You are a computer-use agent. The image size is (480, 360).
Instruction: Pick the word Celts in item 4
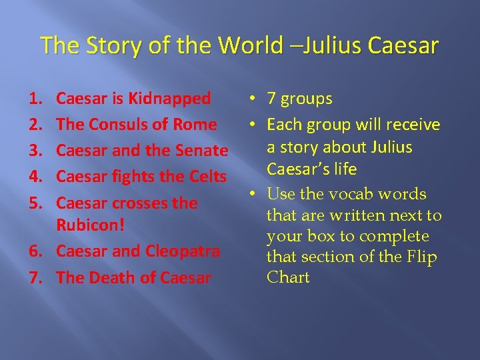[x=206, y=177]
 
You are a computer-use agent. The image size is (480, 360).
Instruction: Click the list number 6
[x=35, y=251]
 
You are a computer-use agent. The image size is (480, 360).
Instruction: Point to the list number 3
[x=35, y=151]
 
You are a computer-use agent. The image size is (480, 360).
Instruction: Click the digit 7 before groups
[x=271, y=99]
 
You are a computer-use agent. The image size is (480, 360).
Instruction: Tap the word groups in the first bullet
[x=307, y=99]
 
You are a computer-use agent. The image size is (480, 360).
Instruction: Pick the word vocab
[x=354, y=194]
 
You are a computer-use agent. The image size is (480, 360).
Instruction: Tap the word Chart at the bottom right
[x=288, y=277]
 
